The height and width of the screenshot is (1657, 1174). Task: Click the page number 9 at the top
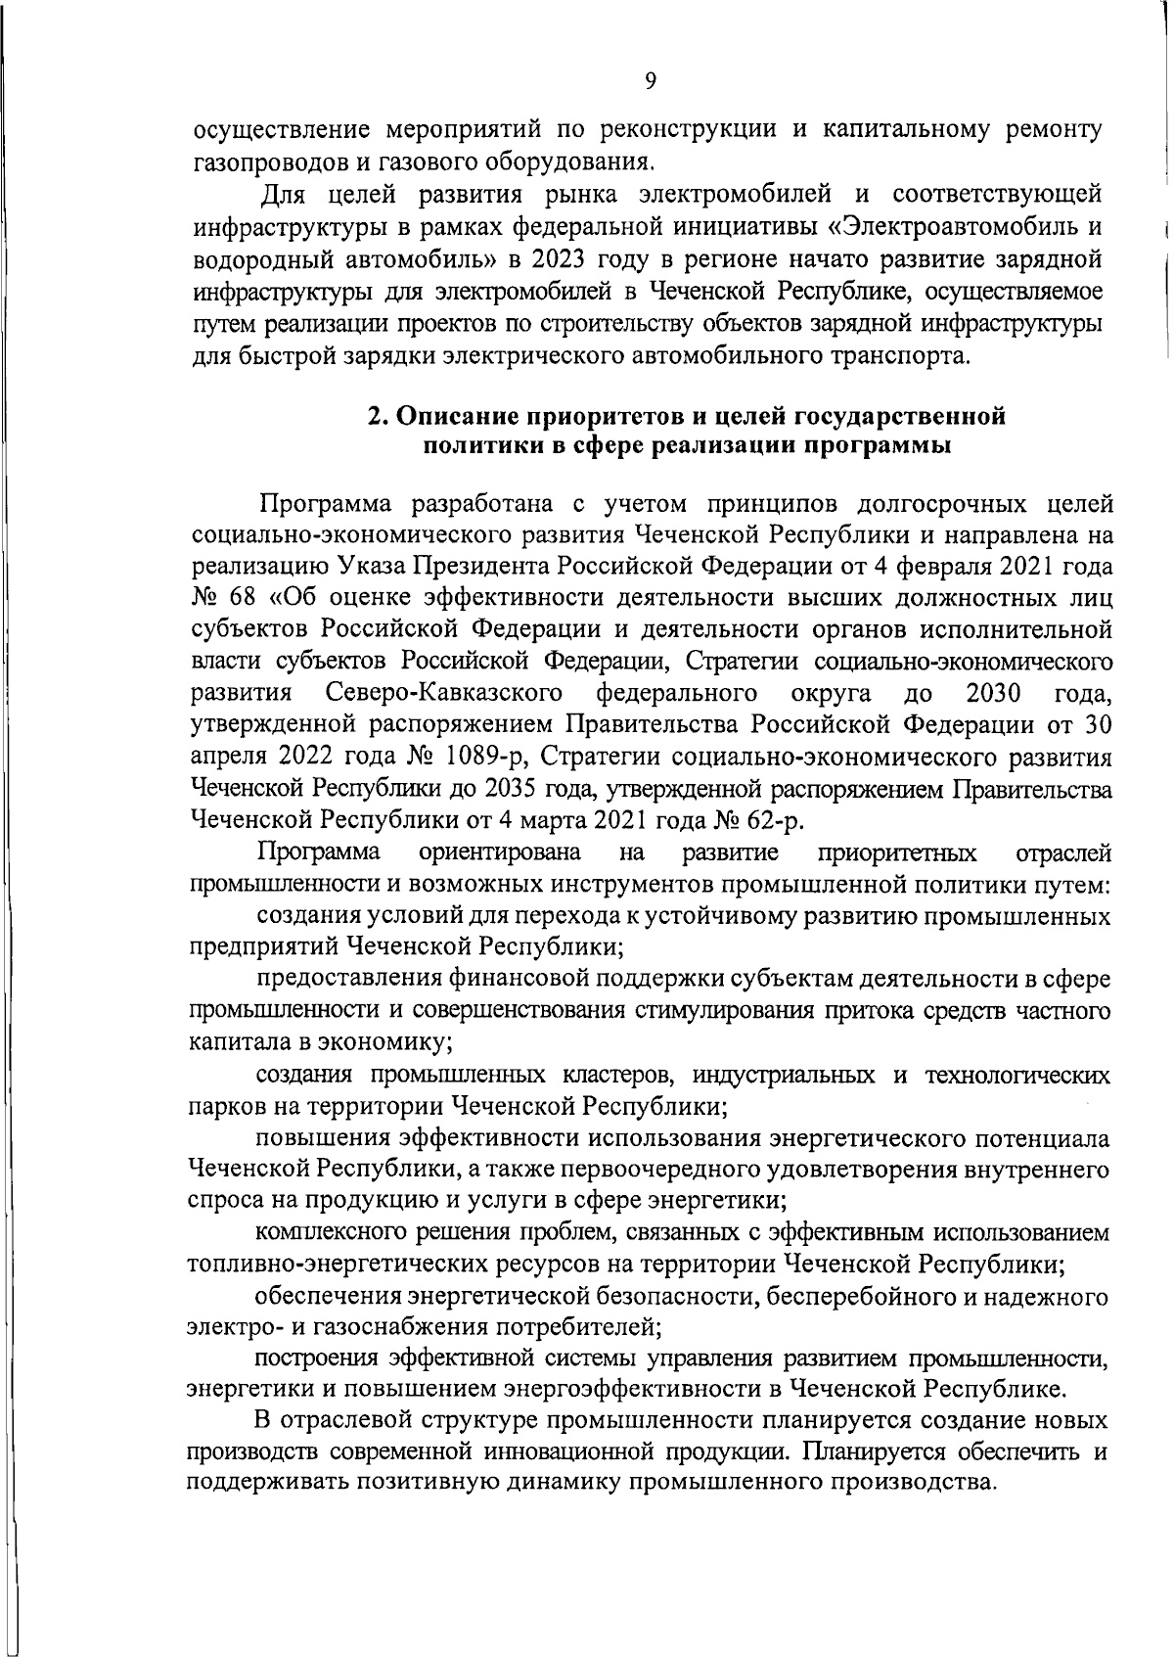[651, 82]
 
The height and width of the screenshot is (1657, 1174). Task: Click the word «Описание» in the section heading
[457, 416]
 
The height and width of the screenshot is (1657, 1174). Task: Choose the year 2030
[993, 694]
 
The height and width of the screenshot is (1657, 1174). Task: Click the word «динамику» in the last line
[560, 1483]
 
